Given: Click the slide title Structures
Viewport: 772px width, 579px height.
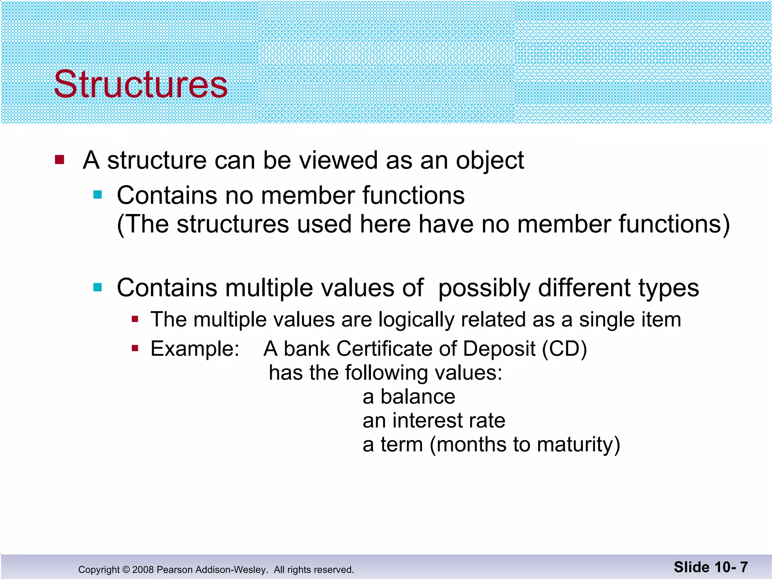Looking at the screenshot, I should [141, 84].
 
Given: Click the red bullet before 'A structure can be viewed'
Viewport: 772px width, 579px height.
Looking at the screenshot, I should [60, 160].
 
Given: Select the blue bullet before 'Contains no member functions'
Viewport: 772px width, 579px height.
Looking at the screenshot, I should [98, 195].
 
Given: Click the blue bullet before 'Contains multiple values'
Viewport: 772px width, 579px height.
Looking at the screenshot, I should [98, 288].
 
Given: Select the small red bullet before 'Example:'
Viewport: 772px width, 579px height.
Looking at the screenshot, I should [135, 348].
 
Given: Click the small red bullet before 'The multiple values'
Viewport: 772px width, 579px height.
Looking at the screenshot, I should [135, 320].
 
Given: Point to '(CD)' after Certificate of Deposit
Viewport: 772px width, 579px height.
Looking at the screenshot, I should [564, 349].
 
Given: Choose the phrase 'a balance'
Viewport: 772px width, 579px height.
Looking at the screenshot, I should [409, 397].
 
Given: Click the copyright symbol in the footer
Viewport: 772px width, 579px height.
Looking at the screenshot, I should [126, 570].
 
